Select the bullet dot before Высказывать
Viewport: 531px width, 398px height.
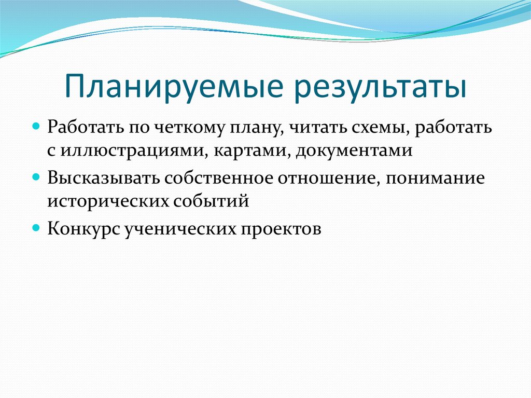pyautogui.click(x=37, y=177)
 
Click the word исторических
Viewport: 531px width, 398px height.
pyautogui.click(x=104, y=200)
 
